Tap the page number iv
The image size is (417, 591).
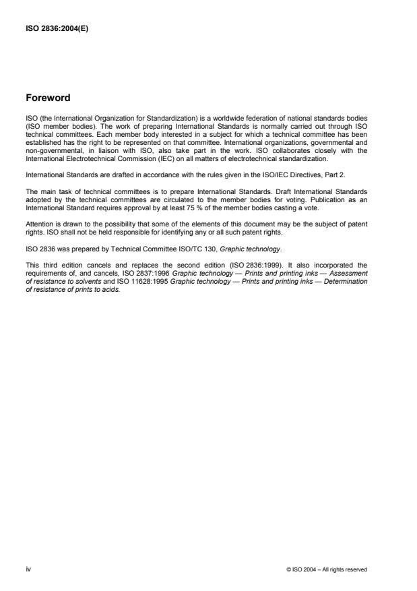[x=28, y=569]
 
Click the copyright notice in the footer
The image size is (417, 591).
[x=327, y=569]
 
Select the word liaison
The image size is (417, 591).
[x=119, y=152]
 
